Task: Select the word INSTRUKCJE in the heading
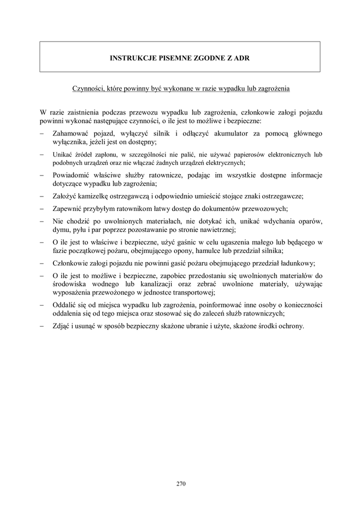129,58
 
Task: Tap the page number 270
181,483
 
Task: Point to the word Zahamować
71,133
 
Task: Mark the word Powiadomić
71,175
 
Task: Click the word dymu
60,230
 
